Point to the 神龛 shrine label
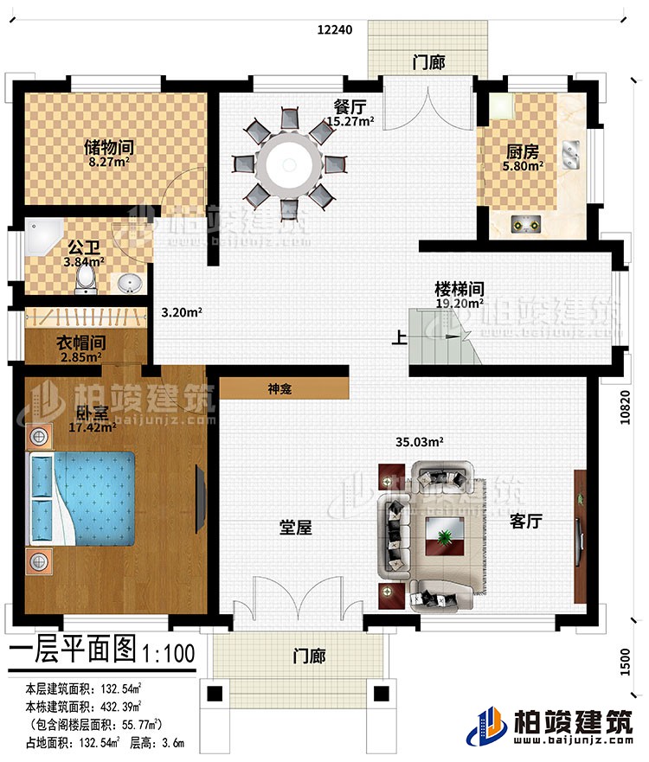(x=279, y=390)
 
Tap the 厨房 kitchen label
(x=524, y=148)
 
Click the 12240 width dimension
(x=334, y=29)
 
